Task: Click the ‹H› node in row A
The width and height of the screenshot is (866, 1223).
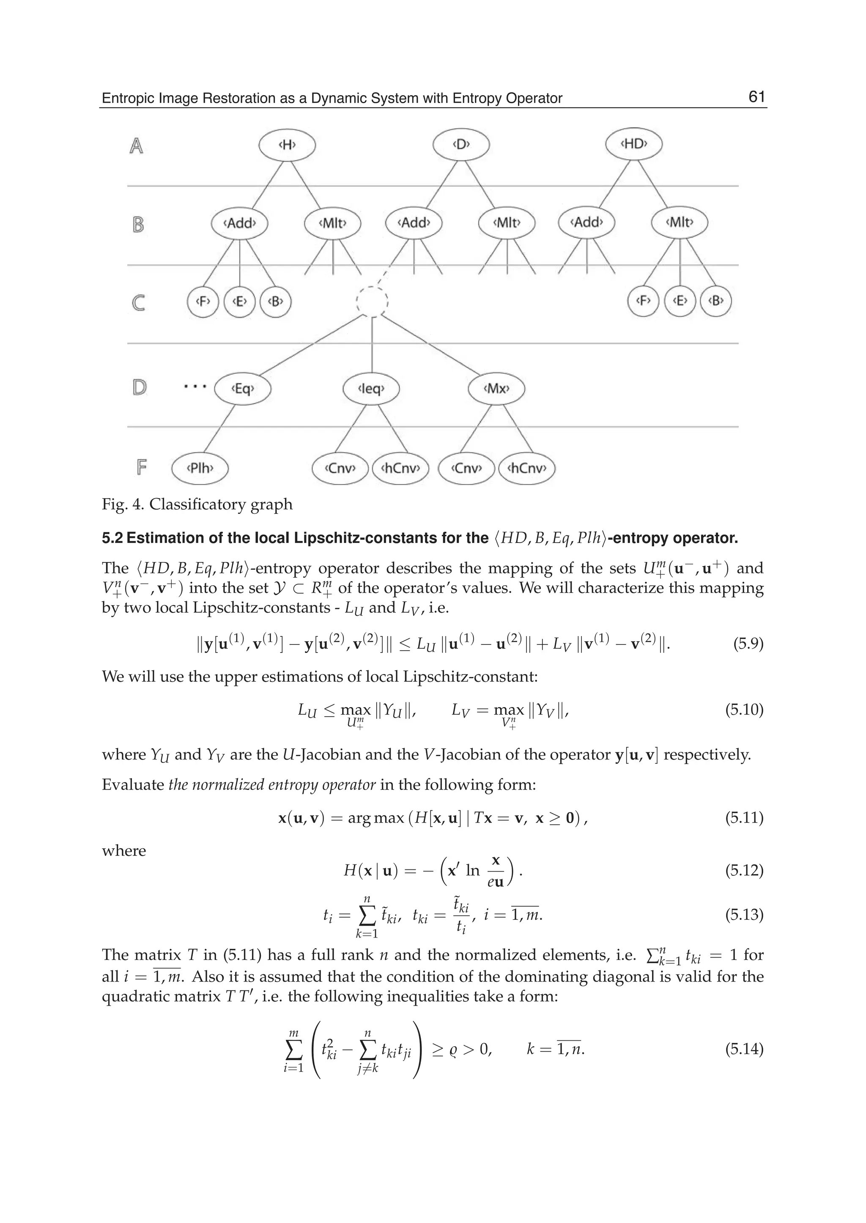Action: [287, 144]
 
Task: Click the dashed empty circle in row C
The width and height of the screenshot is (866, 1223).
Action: [372, 302]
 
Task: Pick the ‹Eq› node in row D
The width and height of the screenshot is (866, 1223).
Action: [243, 388]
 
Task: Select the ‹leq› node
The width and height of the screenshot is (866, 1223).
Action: [371, 388]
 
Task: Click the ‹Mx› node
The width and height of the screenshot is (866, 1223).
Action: [496, 388]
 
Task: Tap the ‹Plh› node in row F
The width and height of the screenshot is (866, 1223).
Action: [200, 468]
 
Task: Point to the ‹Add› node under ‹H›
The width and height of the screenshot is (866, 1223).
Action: [239, 223]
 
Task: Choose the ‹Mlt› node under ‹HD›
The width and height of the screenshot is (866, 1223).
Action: [680, 222]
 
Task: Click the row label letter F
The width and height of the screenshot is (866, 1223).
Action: [141, 468]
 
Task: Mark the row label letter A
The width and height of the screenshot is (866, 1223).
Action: [137, 145]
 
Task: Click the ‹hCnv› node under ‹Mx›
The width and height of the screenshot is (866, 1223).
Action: [527, 468]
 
